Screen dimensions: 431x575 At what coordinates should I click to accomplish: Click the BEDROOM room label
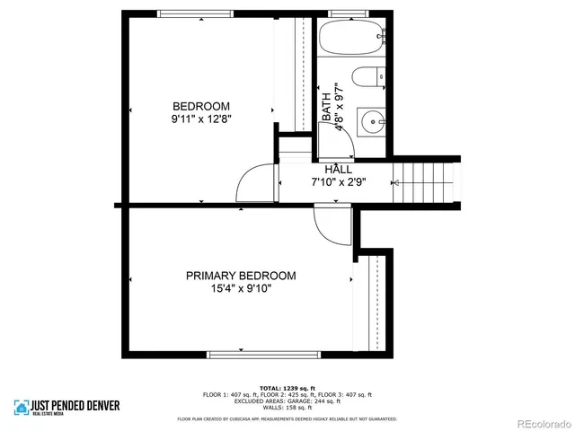tap(201, 105)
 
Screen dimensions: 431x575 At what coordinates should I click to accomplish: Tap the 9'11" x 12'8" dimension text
tap(201, 119)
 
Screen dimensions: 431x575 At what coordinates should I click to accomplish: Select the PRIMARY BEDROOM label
tap(241, 276)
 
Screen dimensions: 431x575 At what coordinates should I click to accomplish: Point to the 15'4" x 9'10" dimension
tap(241, 289)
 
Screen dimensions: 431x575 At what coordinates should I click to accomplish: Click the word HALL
tap(338, 169)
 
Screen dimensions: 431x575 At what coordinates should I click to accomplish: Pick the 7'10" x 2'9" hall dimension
tap(338, 182)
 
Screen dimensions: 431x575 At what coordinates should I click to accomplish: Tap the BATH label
tap(326, 109)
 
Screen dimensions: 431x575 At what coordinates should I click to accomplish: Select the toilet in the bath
tap(369, 78)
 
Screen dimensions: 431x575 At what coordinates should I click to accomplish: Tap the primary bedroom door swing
tap(330, 225)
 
